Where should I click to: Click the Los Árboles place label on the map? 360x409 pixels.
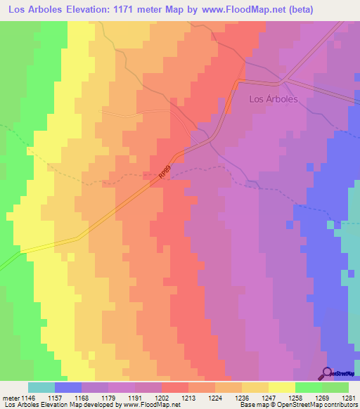(274, 99)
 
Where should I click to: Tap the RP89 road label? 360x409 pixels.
(164, 176)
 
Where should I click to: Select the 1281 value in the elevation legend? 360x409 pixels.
(349, 397)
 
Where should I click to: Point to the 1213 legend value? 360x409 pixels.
(188, 397)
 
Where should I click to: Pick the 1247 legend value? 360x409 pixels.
(269, 397)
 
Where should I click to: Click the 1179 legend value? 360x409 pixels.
(108, 397)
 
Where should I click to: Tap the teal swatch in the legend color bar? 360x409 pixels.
(41, 387)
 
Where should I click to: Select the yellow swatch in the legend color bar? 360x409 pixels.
(282, 387)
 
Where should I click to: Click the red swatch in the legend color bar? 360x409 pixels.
(175, 387)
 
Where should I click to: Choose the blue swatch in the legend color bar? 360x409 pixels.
(68, 387)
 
